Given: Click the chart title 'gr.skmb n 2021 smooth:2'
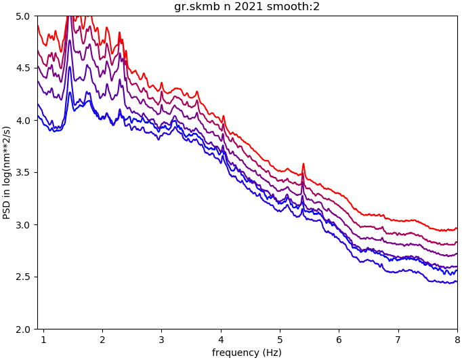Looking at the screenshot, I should point(247,7).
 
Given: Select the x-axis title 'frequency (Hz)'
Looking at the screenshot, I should point(247,353).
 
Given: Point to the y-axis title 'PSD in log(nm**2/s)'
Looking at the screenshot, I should point(7,172).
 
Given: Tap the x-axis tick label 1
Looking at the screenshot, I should point(43,338).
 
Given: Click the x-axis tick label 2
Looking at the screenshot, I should point(102,338).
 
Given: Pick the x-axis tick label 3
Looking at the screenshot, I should point(161,338).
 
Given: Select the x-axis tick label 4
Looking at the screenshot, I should point(221,338).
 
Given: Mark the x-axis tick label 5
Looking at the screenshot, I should point(280,338).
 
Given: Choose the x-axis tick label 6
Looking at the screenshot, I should point(339,338).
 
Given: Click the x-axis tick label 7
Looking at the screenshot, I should point(398,338).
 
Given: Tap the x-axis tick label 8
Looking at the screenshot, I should point(457,338).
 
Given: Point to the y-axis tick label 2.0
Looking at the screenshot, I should point(24,329).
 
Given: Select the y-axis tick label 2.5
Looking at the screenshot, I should point(24,277).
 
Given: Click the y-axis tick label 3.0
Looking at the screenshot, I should point(24,224).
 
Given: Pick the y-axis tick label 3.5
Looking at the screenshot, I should point(24,172).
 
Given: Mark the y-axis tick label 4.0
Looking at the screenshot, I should point(24,120).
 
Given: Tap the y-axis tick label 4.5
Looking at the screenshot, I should point(24,68).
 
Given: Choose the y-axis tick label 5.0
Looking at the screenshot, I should point(24,16).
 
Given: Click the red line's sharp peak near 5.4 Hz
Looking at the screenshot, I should point(303,164).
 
